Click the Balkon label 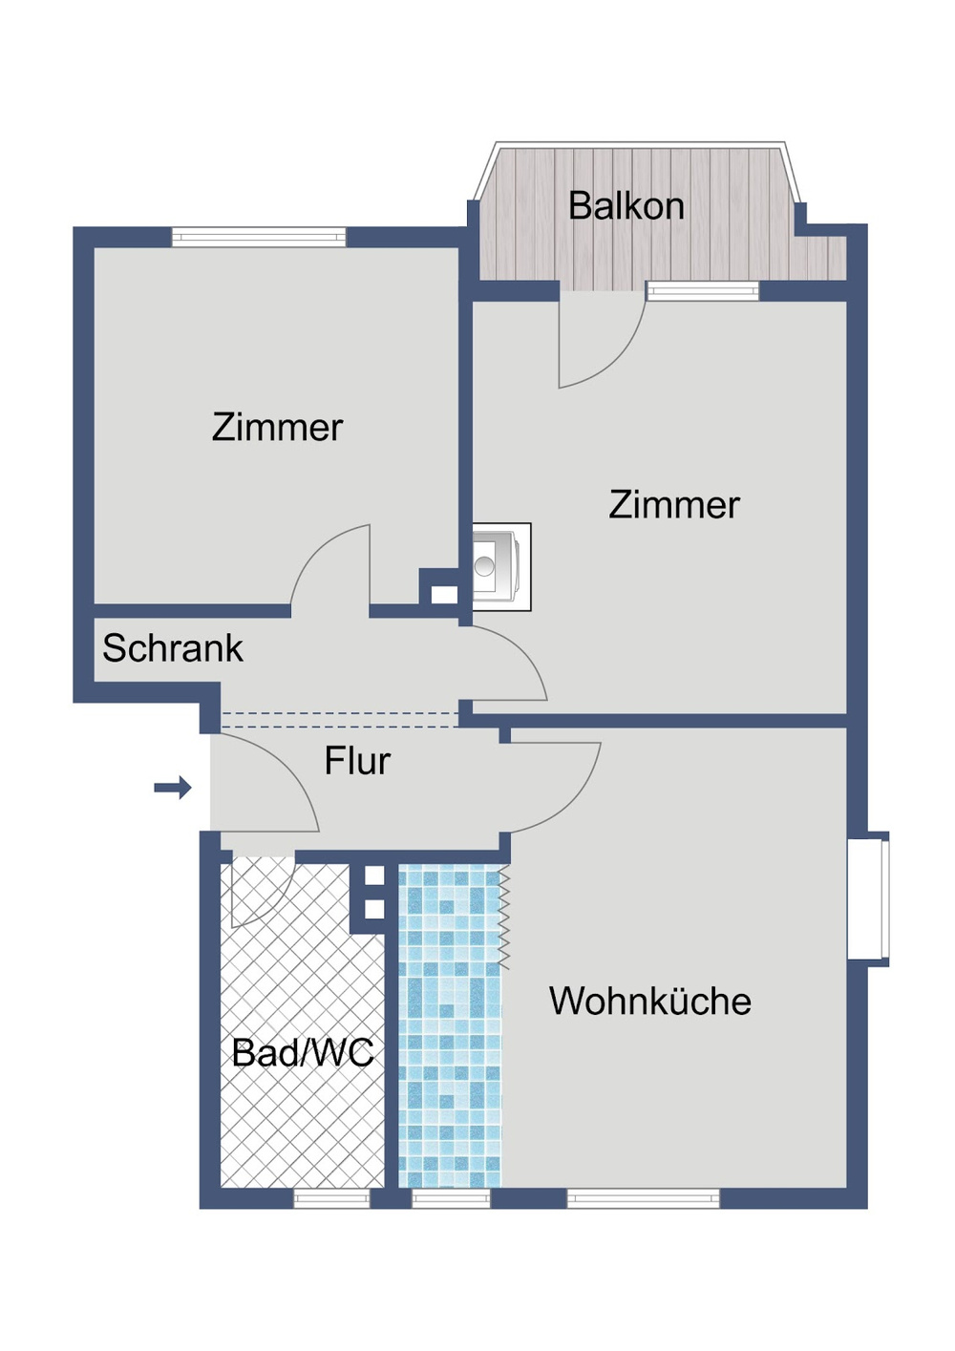tap(626, 206)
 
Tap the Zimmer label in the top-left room tap(277, 428)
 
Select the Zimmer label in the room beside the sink tap(674, 505)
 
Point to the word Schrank tap(173, 648)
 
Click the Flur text tap(357, 761)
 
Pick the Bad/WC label tap(303, 1053)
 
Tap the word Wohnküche tap(649, 1002)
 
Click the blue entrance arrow tap(173, 788)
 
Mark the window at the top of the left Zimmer tap(259, 237)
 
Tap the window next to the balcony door tap(703, 291)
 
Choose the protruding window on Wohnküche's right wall tap(869, 898)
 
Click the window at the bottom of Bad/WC tap(331, 1198)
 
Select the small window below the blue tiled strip tap(451, 1198)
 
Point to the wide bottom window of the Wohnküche tap(643, 1198)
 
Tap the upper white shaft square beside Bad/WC tap(374, 876)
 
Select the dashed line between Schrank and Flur tap(339, 720)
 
